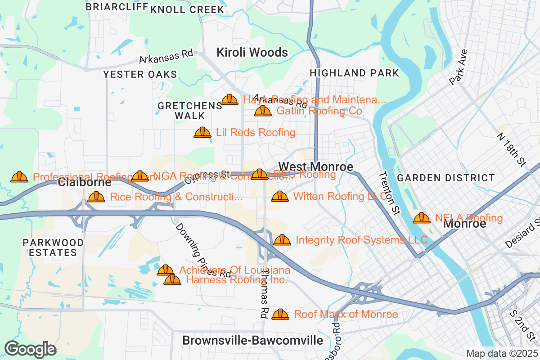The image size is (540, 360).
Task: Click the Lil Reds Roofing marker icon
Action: point(202,133)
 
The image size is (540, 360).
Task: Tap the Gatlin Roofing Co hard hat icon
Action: point(263,111)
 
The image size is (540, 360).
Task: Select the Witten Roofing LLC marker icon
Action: point(280,197)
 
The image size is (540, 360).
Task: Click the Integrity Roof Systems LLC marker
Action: point(282,240)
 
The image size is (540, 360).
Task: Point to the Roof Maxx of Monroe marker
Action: point(280,314)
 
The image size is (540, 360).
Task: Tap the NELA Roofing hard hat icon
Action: point(422,218)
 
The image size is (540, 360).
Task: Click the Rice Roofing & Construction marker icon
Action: point(96,197)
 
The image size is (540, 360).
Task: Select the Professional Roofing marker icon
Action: point(19,177)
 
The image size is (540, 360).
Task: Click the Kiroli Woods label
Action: point(252,53)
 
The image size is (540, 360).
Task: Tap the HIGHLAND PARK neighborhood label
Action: point(354,73)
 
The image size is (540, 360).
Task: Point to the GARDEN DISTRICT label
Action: point(446,178)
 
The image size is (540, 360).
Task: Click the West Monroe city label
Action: point(315,166)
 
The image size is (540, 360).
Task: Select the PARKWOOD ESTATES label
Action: point(53,247)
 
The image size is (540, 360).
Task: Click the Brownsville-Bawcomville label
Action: point(252,340)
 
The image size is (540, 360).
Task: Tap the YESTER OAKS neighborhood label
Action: point(140,75)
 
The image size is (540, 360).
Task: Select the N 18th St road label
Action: point(512,148)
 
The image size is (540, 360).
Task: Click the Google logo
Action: point(30,349)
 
